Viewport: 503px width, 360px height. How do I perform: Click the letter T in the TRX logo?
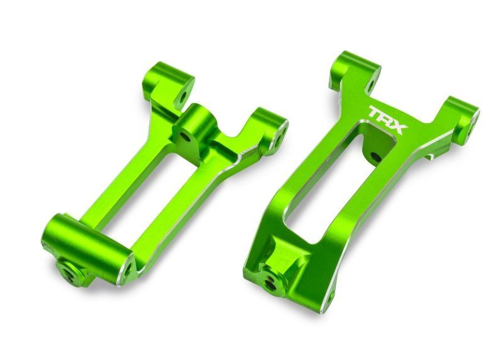[x=375, y=114]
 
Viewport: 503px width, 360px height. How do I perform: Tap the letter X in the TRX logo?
[x=399, y=124]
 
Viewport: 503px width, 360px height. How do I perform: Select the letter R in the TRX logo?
[x=386, y=119]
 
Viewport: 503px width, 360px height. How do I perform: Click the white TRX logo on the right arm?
[x=387, y=119]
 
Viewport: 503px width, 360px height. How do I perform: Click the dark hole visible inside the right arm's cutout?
[x=375, y=155]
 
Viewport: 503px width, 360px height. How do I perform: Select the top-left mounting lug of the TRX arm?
[x=353, y=69]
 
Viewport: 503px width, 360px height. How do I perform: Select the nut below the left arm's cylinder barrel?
[x=71, y=271]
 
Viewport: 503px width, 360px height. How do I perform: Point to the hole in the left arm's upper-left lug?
[x=183, y=97]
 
